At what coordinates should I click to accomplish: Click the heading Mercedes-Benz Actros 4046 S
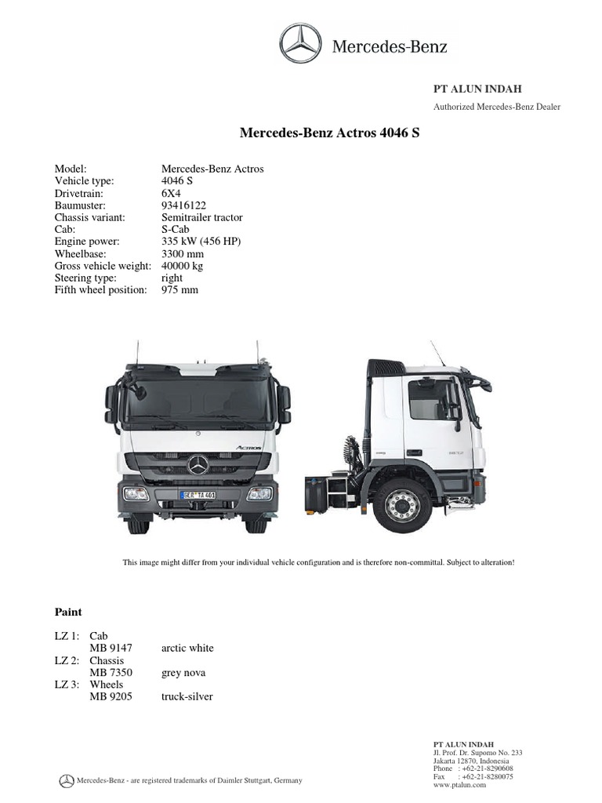[329, 133]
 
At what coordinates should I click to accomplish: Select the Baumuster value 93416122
[183, 205]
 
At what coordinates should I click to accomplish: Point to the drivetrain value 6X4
[171, 193]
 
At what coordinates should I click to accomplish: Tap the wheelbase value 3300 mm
[183, 254]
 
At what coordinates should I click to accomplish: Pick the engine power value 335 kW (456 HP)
[201, 242]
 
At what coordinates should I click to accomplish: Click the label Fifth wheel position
[100, 290]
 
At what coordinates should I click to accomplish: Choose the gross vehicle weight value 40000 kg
[183, 266]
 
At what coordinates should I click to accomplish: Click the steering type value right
[172, 278]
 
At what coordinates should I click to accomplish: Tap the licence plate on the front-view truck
[198, 495]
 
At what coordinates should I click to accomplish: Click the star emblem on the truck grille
[198, 465]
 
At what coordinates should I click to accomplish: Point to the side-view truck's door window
[433, 399]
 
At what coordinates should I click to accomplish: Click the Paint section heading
[68, 612]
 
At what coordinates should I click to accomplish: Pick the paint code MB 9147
[111, 649]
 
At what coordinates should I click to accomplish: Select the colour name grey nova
[183, 673]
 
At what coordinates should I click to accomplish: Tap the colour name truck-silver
[187, 696]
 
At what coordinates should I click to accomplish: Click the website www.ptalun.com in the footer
[459, 784]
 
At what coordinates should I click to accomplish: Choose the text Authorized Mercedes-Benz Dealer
[497, 107]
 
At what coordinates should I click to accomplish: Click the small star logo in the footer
[67, 780]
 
